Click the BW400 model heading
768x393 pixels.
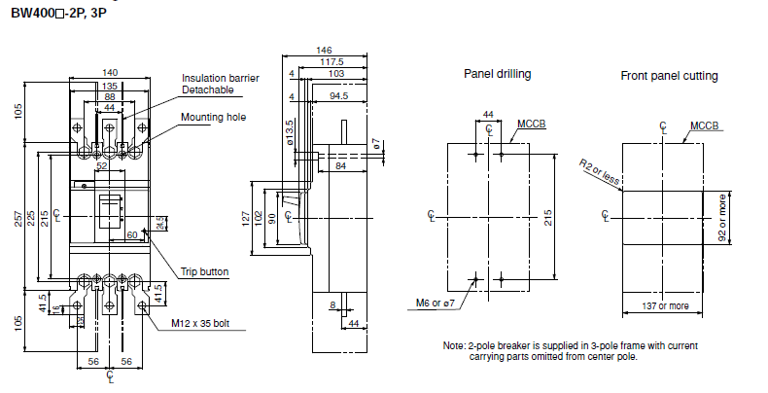point(58,13)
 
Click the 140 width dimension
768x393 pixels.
point(110,73)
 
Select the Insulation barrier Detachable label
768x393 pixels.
point(221,84)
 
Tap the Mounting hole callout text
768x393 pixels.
point(214,117)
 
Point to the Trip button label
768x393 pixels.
point(205,271)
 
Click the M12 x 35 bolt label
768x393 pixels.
point(200,323)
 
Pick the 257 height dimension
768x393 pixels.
point(18,218)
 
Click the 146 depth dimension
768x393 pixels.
point(324,50)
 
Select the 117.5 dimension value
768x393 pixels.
point(332,61)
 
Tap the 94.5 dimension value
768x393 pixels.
point(338,96)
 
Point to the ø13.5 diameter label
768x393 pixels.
point(290,133)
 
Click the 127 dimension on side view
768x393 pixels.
point(246,218)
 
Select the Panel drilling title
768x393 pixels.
point(497,74)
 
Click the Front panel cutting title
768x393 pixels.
point(669,76)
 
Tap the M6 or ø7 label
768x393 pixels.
point(436,304)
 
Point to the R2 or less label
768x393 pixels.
point(600,172)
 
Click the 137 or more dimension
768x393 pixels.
point(665,306)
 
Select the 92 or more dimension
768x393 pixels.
point(722,218)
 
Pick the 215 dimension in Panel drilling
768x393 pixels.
point(548,218)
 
